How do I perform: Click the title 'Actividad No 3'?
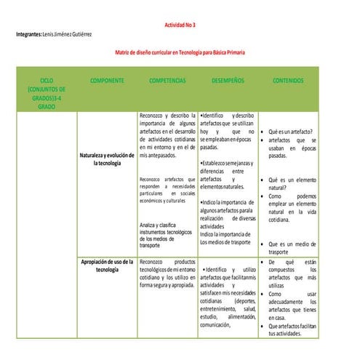click(x=180, y=25)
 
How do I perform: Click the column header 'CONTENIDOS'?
click(x=288, y=81)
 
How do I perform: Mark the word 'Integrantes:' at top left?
click(x=28, y=35)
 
